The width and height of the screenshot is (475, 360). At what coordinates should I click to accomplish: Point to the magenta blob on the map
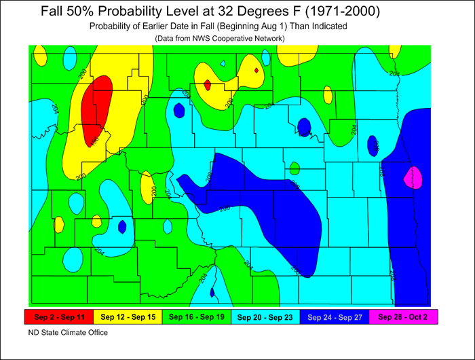[x=413, y=179]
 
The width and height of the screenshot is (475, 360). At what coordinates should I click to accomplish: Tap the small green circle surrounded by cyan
[x=294, y=167]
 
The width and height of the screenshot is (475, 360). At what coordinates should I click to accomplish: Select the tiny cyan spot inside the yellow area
[x=223, y=64]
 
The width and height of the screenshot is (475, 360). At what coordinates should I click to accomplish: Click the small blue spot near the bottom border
[x=212, y=293]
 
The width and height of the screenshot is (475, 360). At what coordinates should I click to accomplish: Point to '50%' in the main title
[x=84, y=12]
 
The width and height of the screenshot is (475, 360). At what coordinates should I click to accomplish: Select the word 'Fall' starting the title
[x=54, y=12]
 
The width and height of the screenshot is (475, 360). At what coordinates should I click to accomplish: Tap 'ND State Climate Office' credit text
[x=68, y=333]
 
